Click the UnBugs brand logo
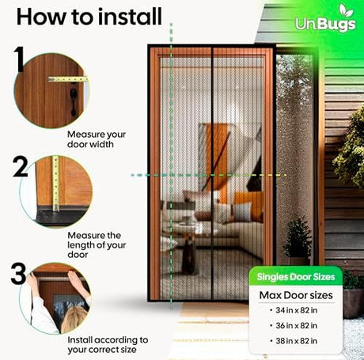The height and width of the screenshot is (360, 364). click(325, 20)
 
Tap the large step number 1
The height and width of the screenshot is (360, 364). click(19, 59)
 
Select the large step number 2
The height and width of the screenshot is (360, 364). click(20, 167)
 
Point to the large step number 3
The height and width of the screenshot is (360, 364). click(18, 274)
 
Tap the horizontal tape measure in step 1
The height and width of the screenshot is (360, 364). click(68, 79)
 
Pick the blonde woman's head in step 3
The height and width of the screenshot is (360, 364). click(74, 319)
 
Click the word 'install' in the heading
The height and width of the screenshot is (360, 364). click(130, 17)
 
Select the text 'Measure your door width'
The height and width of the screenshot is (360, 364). click(97, 139)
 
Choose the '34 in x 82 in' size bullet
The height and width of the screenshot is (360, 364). click(294, 310)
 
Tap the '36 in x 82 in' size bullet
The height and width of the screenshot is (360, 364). click(294, 326)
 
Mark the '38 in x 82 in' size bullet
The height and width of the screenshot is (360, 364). click(294, 341)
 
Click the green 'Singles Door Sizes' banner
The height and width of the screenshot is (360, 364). click(296, 277)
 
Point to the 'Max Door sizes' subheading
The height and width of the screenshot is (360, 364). click(296, 295)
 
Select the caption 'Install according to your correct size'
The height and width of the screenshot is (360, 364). click(108, 345)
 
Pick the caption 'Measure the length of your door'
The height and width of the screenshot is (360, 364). click(97, 245)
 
